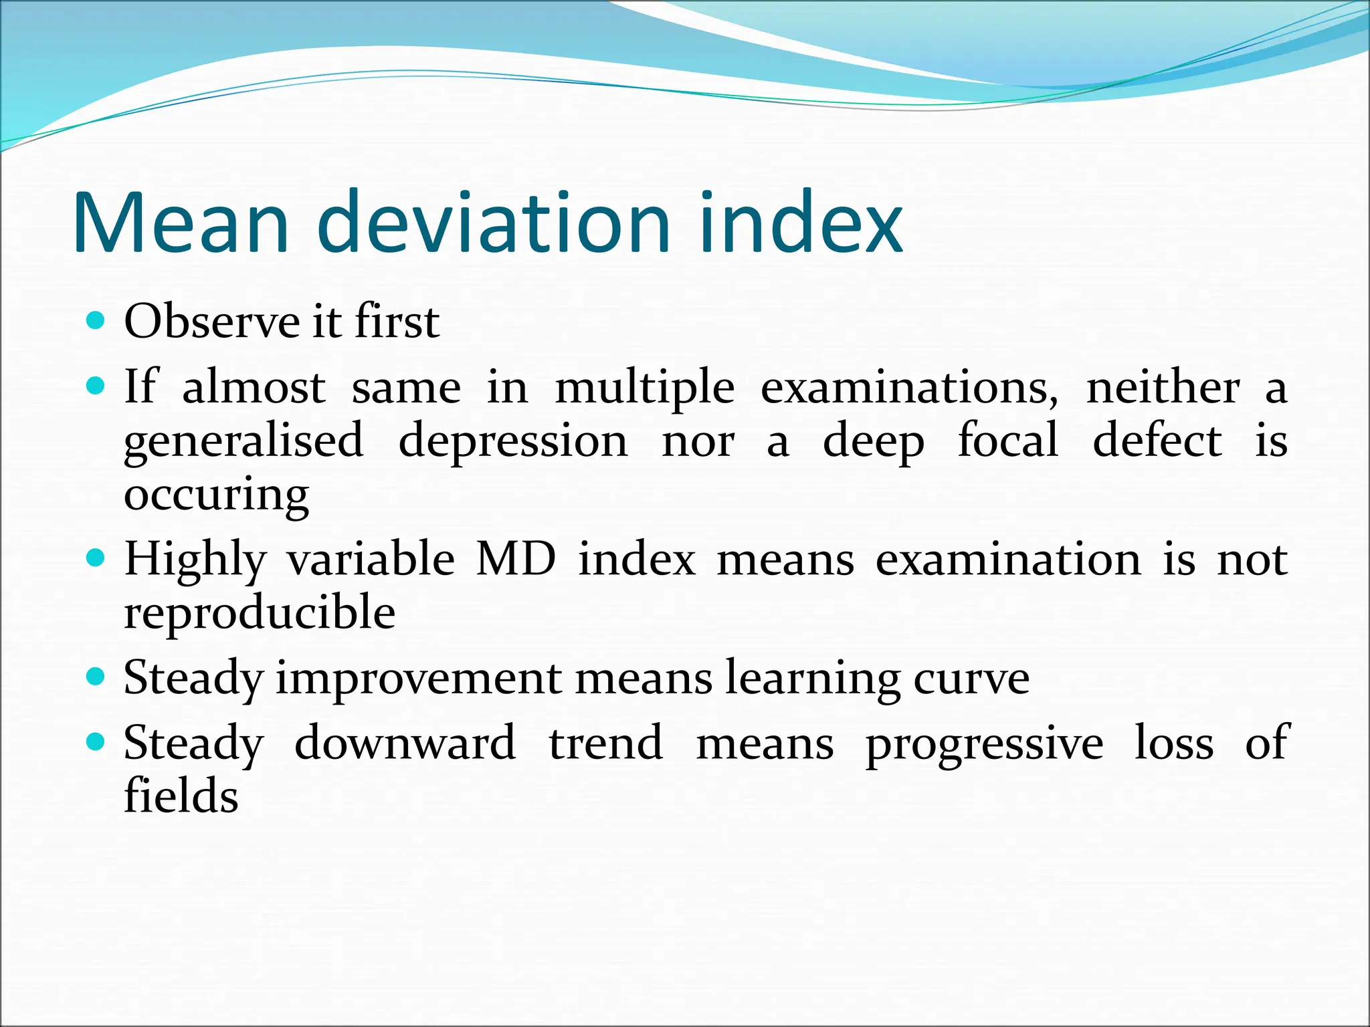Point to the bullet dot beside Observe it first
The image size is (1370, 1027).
96,321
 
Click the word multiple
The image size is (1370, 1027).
645,388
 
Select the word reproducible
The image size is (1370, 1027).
260,614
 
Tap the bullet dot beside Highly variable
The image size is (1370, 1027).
96,558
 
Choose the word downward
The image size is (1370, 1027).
405,743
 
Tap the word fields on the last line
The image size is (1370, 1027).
181,796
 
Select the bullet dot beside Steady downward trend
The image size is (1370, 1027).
96,741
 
